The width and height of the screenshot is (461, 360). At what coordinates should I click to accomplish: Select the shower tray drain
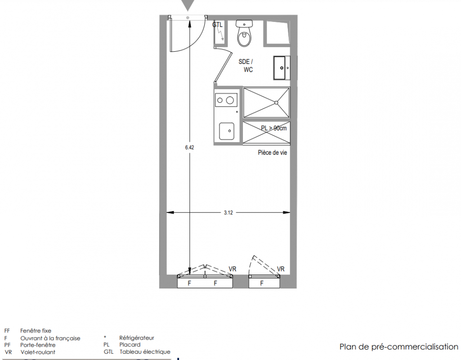[x=276, y=103]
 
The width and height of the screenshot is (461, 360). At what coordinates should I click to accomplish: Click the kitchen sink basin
[x=227, y=131]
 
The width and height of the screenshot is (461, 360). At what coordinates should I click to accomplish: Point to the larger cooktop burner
[x=230, y=101]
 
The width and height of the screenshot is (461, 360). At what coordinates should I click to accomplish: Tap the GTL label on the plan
[x=218, y=25]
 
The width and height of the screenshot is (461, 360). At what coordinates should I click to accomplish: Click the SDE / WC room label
[x=246, y=66]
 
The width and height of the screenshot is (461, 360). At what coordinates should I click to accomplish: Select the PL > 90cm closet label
[x=274, y=128]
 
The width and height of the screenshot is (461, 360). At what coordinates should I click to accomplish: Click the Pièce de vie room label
[x=273, y=153]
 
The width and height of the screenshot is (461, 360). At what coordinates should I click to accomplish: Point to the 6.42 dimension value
[x=190, y=148]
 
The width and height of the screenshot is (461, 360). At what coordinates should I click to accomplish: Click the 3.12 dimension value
[x=228, y=213]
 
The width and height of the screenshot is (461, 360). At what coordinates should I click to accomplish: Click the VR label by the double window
[x=232, y=269]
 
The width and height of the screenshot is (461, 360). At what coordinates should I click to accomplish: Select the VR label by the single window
[x=281, y=269]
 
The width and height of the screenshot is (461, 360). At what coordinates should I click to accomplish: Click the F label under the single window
[x=262, y=283]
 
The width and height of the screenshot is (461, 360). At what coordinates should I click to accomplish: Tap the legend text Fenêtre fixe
[x=36, y=331]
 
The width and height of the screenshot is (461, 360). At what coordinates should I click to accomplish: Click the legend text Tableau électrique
[x=145, y=352]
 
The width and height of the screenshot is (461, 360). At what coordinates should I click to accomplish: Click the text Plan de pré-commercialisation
[x=398, y=347]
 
